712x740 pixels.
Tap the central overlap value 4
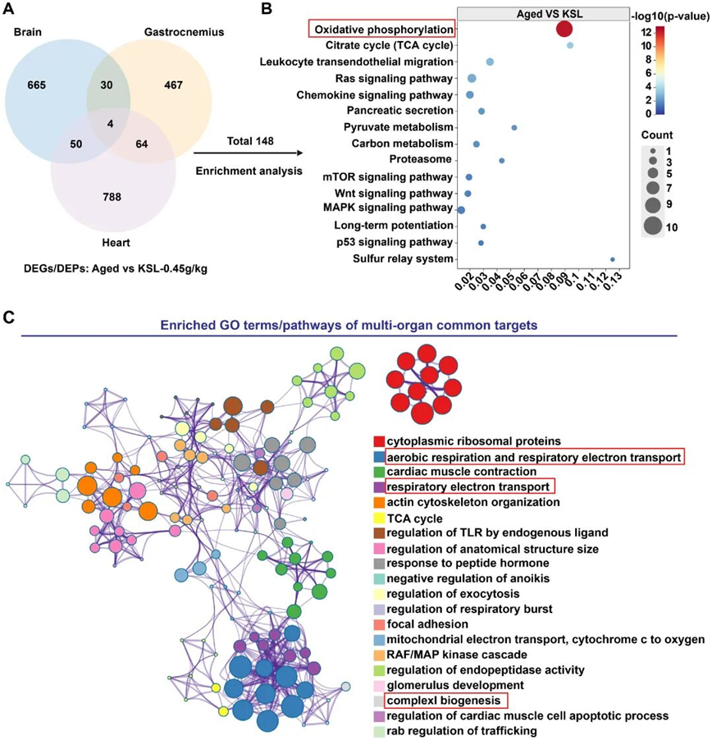pos(110,124)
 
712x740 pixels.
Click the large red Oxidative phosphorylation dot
pos(564,29)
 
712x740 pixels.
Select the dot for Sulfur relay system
pos(613,259)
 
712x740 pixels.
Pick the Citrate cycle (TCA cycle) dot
pos(570,45)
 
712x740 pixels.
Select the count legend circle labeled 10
pos(654,226)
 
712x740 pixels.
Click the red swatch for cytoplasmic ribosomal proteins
pos(378,441)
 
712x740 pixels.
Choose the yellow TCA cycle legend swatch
pos(378,518)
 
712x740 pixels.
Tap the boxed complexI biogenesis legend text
pos(446,701)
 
